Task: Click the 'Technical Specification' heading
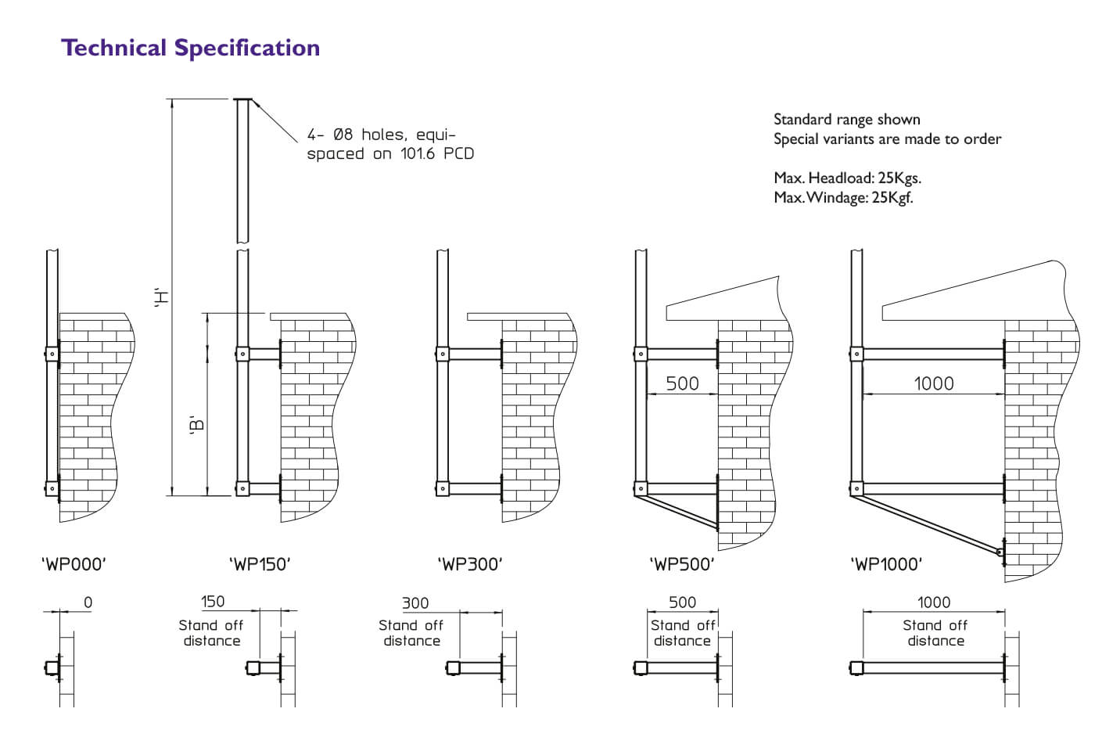coord(190,48)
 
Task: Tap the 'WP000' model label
coord(73,564)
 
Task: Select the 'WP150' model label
coord(260,564)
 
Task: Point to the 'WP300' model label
coord(470,564)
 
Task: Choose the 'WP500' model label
coord(682,564)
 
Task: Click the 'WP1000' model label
coord(886,564)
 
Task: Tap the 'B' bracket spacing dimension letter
coord(197,425)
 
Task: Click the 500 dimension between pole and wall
coord(682,383)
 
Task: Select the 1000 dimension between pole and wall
coord(934,383)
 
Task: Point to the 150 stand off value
coord(213,602)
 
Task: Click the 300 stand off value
coord(415,603)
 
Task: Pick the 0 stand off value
coord(88,603)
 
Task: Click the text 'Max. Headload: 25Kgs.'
coord(847,178)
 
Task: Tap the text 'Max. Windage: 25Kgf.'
coord(843,197)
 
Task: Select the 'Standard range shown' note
coord(846,120)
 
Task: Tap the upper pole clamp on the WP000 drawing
coord(52,354)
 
